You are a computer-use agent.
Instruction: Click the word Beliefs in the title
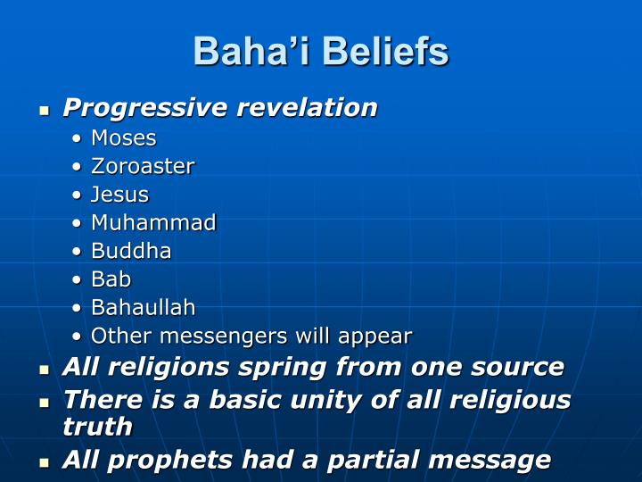point(386,51)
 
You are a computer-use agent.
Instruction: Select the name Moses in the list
point(124,137)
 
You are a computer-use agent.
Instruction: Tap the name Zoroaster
point(143,166)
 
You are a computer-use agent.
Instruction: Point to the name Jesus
point(119,195)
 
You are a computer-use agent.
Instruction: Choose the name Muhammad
point(153,222)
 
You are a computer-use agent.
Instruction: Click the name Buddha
point(131,251)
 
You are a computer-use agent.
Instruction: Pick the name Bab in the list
point(111,279)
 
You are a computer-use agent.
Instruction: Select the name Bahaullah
point(144,307)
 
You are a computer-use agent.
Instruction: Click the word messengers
point(224,337)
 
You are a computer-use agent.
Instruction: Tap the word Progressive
point(145,108)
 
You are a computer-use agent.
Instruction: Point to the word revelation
point(307,107)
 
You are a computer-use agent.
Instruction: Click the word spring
point(282,367)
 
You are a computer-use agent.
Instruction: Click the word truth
point(98,427)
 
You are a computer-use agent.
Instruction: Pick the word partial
point(373,461)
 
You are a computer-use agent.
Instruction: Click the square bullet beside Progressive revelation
point(45,111)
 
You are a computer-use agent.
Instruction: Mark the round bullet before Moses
point(77,138)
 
